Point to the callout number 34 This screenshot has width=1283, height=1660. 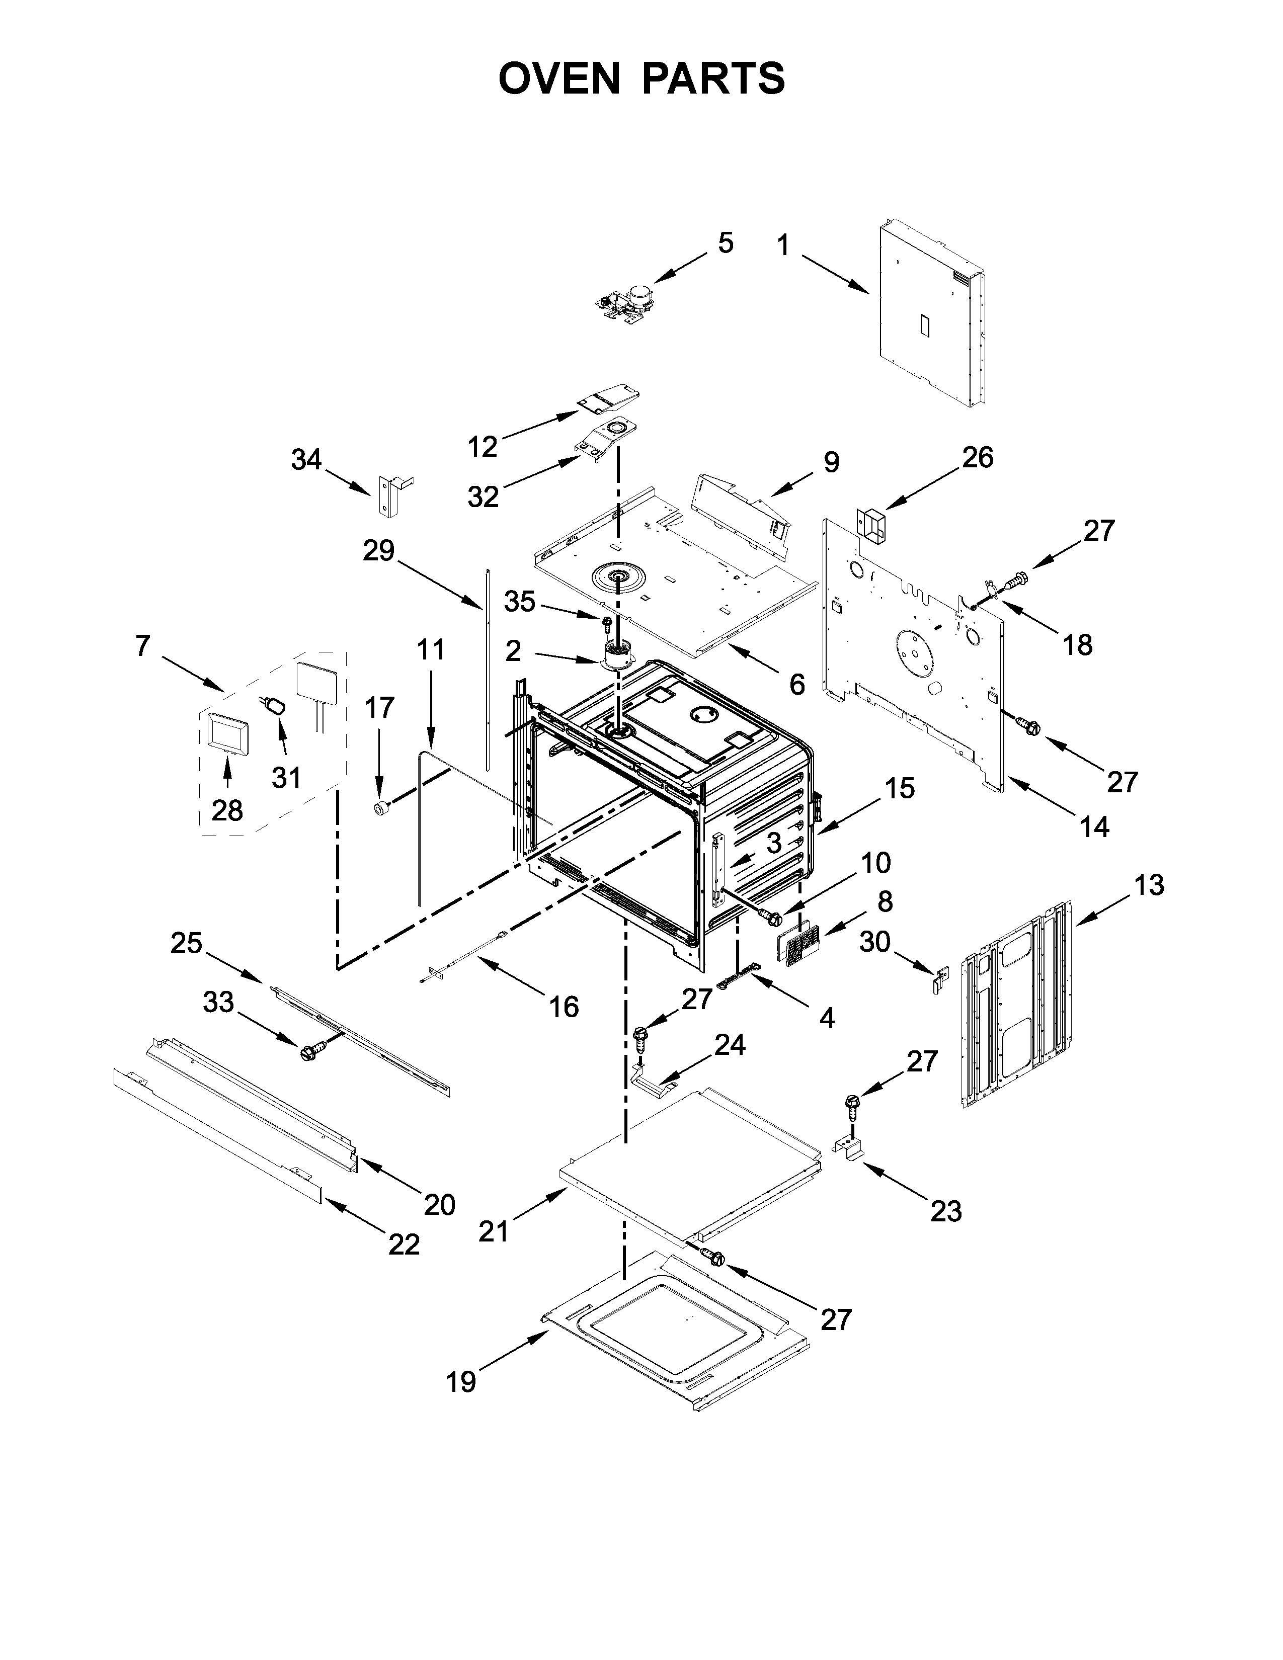pos(306,460)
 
